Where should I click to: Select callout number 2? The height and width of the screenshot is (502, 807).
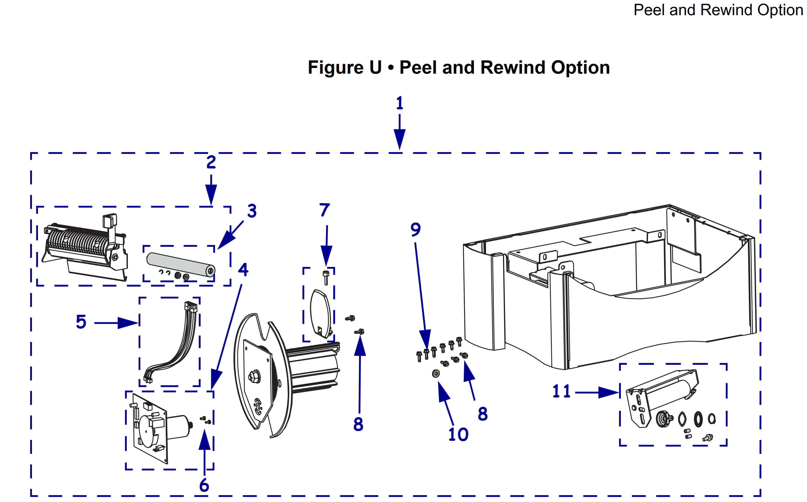pos(211,162)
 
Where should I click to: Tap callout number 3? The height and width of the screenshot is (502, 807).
pos(252,211)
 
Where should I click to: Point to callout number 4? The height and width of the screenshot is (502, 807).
pos(243,269)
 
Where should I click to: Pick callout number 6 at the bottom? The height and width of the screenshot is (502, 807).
pos(204,485)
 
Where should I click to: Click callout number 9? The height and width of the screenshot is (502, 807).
pos(415,229)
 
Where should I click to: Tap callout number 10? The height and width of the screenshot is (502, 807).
pos(458,434)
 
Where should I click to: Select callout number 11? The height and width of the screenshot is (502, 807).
pos(561,391)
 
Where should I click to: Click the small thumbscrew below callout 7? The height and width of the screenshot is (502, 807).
pos(325,277)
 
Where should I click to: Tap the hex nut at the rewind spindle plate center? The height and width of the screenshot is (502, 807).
pos(254,376)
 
